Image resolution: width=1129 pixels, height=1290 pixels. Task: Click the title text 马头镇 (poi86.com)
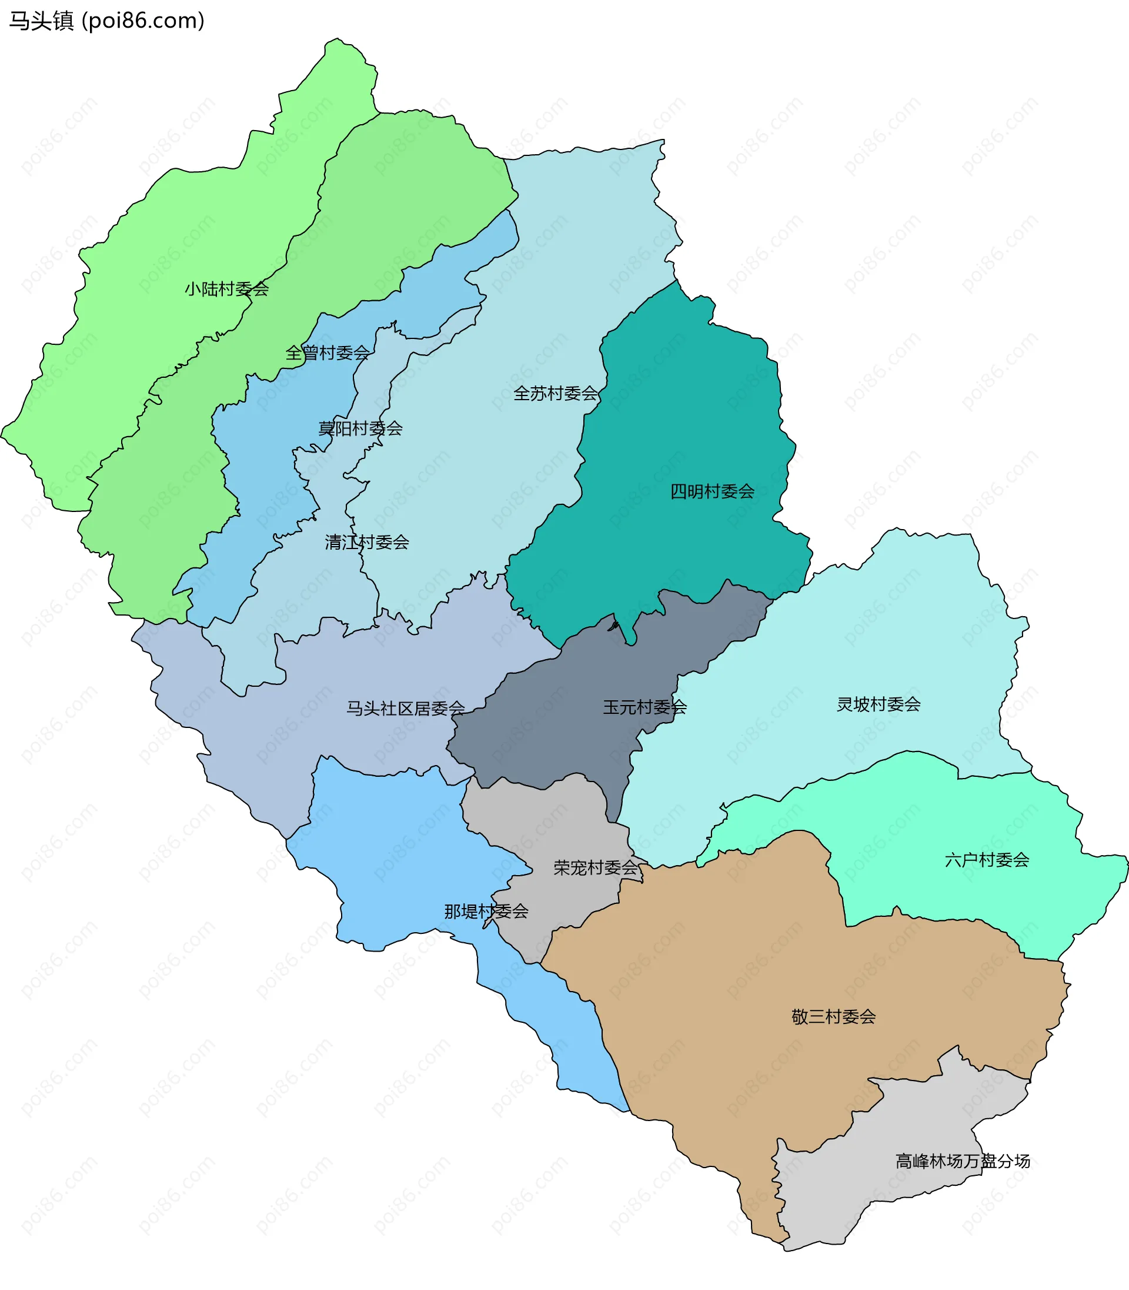pos(106,21)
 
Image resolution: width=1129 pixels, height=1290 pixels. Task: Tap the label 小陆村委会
pos(227,290)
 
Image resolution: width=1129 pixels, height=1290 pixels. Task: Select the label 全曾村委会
pos(328,353)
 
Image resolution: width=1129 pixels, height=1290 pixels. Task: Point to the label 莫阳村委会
pos(360,429)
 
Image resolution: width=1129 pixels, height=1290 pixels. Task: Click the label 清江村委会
pos(367,542)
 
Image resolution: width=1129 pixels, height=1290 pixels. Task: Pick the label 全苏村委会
pos(556,394)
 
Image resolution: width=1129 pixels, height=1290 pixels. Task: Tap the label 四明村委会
pos(713,492)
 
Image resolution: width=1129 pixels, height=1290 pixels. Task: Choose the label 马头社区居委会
pos(406,709)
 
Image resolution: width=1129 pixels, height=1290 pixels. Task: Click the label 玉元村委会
pos(644,707)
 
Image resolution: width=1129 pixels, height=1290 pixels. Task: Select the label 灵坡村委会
pos(879,705)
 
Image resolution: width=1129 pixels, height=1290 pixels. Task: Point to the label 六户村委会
pos(987,860)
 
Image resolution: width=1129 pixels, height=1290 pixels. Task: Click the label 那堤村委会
pos(486,912)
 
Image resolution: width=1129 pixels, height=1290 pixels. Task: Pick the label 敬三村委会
pos(834,1017)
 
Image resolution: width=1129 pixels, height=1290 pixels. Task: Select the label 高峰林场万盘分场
pos(962,1161)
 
